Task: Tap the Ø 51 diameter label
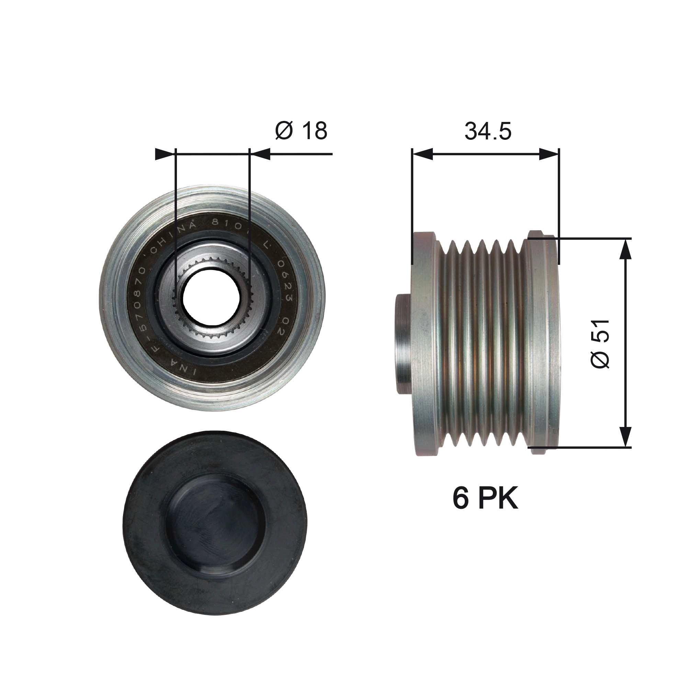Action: (x=600, y=343)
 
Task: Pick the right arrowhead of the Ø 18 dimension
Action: (x=260, y=154)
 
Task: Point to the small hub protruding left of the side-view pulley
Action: (x=404, y=343)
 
